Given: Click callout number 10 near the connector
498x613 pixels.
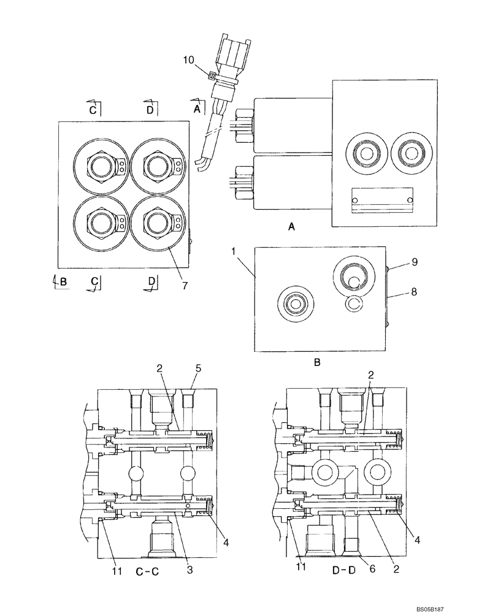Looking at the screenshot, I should coord(190,60).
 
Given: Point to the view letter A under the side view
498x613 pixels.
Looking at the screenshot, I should coord(292,227).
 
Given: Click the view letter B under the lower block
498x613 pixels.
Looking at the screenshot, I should coord(317,362).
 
